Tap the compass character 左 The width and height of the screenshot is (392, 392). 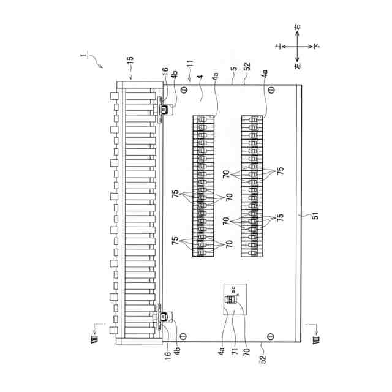(296, 65)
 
